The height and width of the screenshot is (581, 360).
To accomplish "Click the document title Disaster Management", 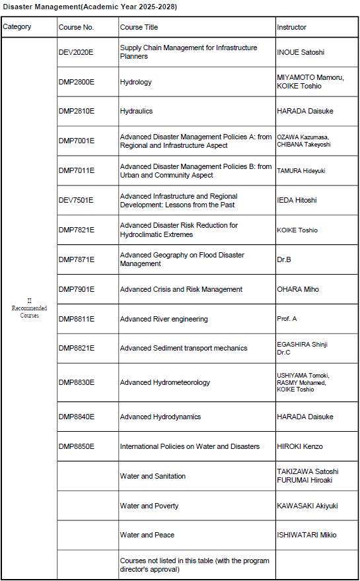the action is click(x=90, y=7).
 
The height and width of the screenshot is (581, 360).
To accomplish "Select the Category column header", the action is click(x=17, y=27).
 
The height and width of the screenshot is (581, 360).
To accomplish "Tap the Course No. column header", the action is click(x=76, y=28).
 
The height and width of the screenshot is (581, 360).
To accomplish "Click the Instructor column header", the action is click(x=291, y=28).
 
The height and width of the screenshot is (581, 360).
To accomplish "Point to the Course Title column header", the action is click(x=139, y=28).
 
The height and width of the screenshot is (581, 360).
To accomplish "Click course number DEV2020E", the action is click(x=76, y=52).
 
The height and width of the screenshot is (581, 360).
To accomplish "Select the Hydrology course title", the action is click(x=135, y=82).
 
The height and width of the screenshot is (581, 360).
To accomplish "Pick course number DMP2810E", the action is click(x=76, y=111).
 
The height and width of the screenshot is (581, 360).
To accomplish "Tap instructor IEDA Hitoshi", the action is click(x=297, y=200).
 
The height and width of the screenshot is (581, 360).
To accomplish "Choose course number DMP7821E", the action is click(x=76, y=230).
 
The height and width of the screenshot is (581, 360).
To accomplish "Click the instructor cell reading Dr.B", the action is click(x=284, y=259).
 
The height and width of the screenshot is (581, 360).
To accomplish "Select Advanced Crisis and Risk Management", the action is click(x=181, y=289).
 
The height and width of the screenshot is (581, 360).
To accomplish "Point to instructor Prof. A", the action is click(x=287, y=319).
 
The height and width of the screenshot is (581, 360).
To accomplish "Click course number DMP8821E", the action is click(x=76, y=348).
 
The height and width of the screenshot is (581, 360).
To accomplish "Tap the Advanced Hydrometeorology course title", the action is click(x=165, y=382).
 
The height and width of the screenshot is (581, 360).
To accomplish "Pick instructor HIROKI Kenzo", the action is click(x=300, y=446).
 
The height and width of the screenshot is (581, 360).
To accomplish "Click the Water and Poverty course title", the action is click(x=149, y=506).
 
